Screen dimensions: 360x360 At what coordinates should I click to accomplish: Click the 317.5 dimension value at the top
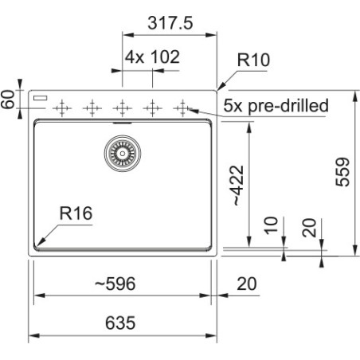point(170,23)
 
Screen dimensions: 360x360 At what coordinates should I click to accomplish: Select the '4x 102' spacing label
point(152,57)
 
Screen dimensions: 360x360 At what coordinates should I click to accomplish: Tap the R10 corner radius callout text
point(253,60)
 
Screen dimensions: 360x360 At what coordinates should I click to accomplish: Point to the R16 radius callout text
point(76,213)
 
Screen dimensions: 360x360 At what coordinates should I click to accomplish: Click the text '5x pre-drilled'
point(276,105)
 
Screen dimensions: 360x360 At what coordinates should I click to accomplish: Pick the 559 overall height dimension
point(342,172)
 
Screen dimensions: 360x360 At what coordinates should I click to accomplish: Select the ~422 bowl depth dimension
point(237,186)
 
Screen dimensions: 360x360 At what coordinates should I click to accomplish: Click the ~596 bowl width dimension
point(115,284)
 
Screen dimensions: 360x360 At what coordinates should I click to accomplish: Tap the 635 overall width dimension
point(120,323)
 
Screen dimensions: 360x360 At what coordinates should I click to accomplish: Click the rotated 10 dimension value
point(271,225)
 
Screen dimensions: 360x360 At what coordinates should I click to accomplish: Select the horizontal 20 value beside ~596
point(247,284)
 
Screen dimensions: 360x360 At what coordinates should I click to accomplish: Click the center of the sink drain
point(123,153)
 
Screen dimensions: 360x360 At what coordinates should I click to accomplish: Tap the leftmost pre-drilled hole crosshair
point(62,108)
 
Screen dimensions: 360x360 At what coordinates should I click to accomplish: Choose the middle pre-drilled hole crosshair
point(122,108)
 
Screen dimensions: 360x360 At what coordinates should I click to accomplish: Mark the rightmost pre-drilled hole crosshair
point(182,108)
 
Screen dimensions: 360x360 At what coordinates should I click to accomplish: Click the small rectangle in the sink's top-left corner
point(41,98)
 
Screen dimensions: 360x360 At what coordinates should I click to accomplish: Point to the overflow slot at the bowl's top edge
point(123,123)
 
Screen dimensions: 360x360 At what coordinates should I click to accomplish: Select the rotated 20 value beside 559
point(310,228)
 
